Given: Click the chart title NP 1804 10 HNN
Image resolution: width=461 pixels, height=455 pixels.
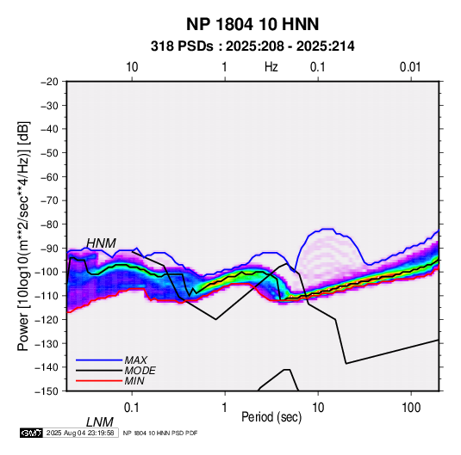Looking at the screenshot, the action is coord(252,24).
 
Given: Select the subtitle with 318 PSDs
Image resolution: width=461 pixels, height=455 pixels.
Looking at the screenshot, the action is coord(252,46).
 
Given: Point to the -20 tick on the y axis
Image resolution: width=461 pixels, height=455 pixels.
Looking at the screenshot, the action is coord(49,82).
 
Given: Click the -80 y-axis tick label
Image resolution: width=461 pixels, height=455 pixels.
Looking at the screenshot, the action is coord(49,224).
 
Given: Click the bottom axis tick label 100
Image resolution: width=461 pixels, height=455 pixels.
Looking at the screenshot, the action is coord(411,408).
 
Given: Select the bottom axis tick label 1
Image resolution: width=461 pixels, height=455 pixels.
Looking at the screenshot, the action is coord(225,408).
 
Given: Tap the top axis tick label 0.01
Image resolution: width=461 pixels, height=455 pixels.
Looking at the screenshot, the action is coord(410,67).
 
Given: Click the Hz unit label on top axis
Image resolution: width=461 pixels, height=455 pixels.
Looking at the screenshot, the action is coord(271,67).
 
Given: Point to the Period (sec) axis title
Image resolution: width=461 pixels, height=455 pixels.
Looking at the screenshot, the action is coord(271,417).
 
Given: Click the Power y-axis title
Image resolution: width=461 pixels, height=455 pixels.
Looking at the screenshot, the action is coord(23,237).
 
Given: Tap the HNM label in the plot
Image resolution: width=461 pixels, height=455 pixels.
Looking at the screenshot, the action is coord(101,243).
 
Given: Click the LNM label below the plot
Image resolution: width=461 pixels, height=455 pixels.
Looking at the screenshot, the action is coord(99,422).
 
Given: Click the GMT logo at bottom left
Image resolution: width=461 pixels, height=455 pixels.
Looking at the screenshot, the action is coord(32,433).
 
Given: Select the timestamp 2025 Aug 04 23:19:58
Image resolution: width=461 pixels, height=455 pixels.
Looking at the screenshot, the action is coord(80,433).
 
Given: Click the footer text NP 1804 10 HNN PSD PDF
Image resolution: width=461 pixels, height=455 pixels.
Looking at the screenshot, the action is coord(160,433).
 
